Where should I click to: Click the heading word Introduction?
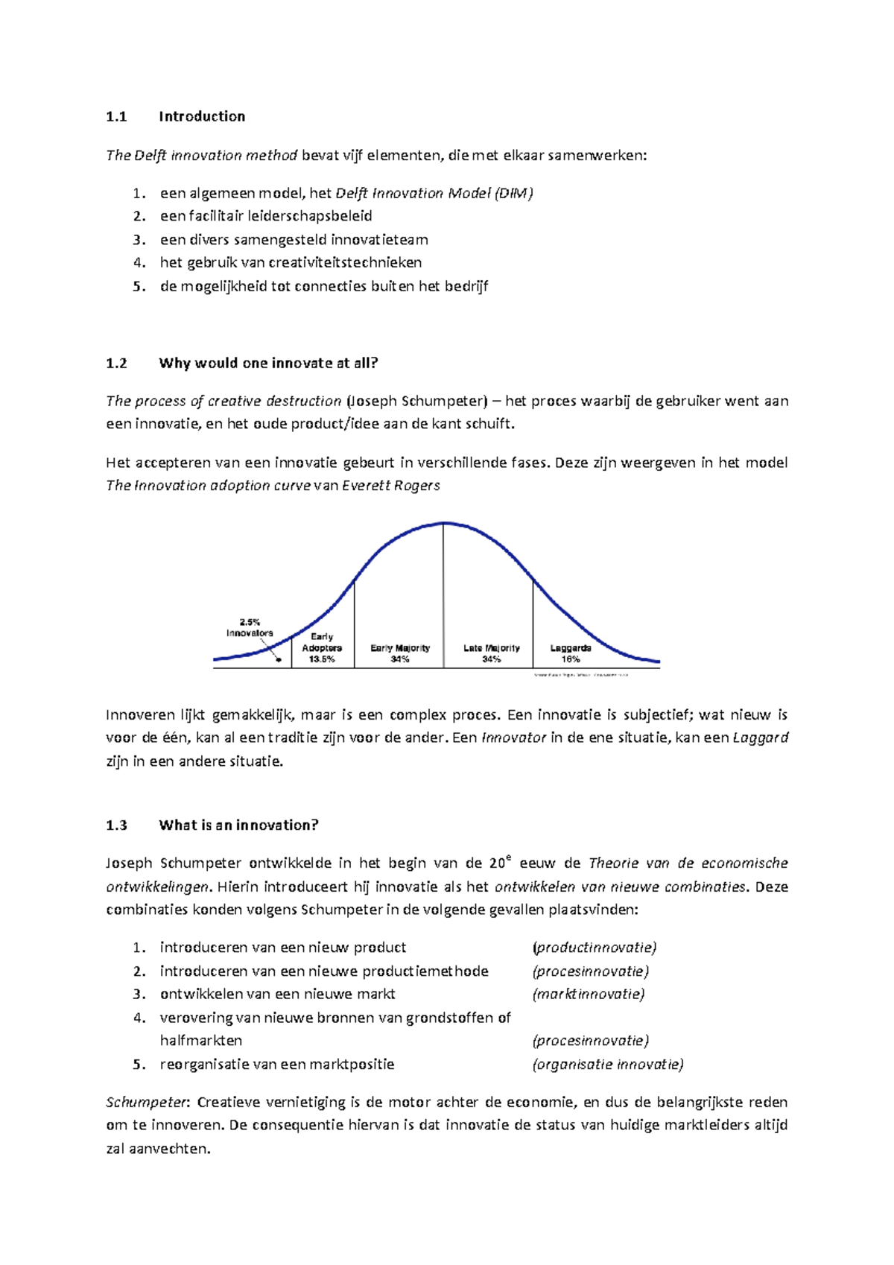pyautogui.click(x=201, y=116)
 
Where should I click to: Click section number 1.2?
pyautogui.click(x=116, y=364)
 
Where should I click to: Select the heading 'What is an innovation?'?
pyautogui.click(x=238, y=825)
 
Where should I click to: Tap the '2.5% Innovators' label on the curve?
pyautogui.click(x=250, y=627)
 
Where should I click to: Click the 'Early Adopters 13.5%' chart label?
pyautogui.click(x=322, y=648)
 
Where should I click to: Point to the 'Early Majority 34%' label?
pyautogui.click(x=400, y=653)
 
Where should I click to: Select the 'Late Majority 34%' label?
pyautogui.click(x=491, y=653)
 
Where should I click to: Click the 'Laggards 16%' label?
pyautogui.click(x=571, y=653)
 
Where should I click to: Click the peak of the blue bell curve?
pyautogui.click(x=444, y=524)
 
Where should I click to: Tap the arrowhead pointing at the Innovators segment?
pyautogui.click(x=277, y=659)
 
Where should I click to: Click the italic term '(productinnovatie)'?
pyautogui.click(x=594, y=948)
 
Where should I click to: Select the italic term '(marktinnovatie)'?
pyautogui.click(x=588, y=994)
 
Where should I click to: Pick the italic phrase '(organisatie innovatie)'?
pyautogui.click(x=607, y=1065)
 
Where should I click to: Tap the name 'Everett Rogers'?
pyautogui.click(x=390, y=486)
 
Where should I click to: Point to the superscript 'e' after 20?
pyautogui.click(x=509, y=858)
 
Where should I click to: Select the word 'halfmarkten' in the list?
pyautogui.click(x=200, y=1041)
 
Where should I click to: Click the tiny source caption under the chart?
pyautogui.click(x=581, y=675)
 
